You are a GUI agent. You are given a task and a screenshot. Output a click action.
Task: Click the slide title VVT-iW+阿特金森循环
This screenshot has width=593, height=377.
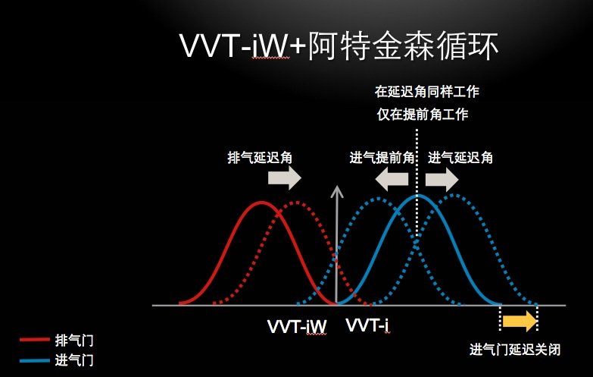pyautogui.click(x=339, y=46)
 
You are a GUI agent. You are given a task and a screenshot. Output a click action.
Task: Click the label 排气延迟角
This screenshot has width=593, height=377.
pyautogui.click(x=260, y=157)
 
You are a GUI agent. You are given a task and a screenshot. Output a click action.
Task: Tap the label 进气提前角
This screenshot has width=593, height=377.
pyautogui.click(x=382, y=157)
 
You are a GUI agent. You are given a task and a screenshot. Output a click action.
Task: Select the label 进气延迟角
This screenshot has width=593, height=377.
pyautogui.click(x=460, y=157)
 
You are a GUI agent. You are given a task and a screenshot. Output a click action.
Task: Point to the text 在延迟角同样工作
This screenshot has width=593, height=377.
pyautogui.click(x=427, y=91)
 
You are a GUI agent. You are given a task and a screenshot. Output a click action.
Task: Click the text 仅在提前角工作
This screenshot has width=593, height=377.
pyautogui.click(x=423, y=114)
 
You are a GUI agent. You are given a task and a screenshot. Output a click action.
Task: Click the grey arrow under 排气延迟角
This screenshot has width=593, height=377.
pyautogui.click(x=285, y=178)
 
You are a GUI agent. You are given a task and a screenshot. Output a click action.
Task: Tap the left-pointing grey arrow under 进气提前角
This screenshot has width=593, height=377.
pyautogui.click(x=392, y=179)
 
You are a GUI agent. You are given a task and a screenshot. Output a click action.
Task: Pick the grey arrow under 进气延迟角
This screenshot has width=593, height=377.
pyautogui.click(x=442, y=179)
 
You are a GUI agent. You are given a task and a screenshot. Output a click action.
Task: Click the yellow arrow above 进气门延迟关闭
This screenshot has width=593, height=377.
pyautogui.click(x=520, y=321)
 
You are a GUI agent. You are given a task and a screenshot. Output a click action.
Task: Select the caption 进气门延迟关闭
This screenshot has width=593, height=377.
pyautogui.click(x=515, y=350)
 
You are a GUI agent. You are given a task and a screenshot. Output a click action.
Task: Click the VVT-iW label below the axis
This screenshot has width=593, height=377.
pyautogui.click(x=297, y=327)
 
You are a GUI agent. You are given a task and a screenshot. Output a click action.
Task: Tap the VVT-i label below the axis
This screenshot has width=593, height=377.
pyautogui.click(x=367, y=325)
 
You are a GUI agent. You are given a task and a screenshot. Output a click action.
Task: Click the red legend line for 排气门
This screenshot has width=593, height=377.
pyautogui.click(x=34, y=340)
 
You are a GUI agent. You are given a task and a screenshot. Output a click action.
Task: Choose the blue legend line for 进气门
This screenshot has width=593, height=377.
pyautogui.click(x=34, y=360)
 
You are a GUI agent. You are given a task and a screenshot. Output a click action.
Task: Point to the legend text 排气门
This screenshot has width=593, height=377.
pyautogui.click(x=74, y=341)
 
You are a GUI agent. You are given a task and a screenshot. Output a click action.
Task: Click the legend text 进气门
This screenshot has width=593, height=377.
pyautogui.click(x=74, y=360)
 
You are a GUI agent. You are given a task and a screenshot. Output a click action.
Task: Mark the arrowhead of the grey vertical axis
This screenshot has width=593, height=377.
pyautogui.click(x=336, y=187)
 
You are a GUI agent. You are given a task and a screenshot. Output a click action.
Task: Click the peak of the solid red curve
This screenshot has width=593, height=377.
pyautogui.click(x=261, y=203)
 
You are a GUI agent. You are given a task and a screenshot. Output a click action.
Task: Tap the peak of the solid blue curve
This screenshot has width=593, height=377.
pyautogui.click(x=418, y=196)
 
